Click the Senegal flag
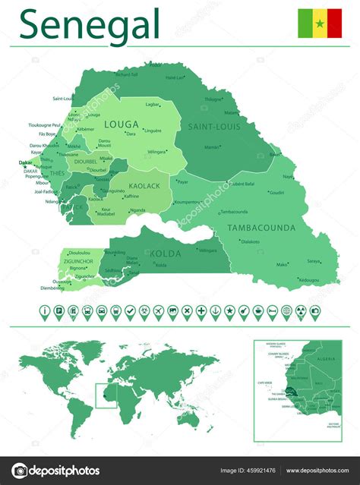pos(319,24)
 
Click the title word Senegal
pos(90,24)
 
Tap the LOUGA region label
pos(120,124)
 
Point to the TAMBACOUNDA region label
pos(261,226)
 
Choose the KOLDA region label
pos(166,254)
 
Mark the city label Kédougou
pos(309,280)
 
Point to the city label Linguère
pos(153,131)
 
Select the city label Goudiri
pos(276,192)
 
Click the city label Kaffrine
pos(131,196)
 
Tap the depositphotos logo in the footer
pos(57,471)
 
